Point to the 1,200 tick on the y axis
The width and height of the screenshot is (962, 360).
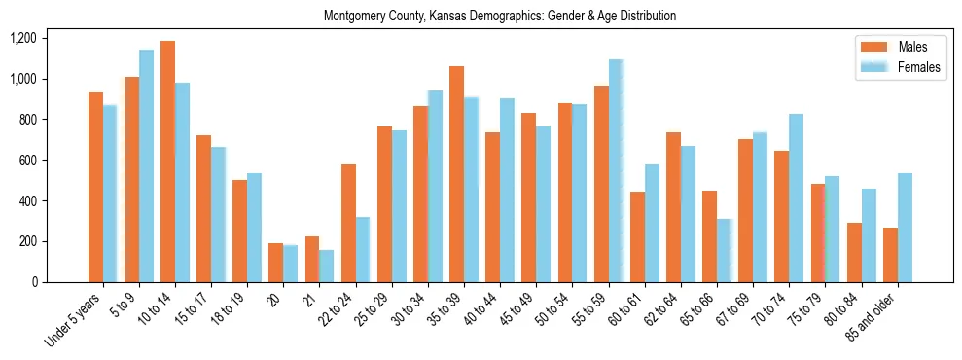[22, 38]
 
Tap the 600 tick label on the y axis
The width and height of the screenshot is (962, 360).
[26, 161]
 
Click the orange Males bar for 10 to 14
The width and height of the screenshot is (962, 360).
[167, 162]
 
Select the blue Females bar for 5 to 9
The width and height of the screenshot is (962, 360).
[146, 165]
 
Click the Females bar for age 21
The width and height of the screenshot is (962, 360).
[327, 266]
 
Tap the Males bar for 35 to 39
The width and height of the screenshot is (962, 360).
[456, 174]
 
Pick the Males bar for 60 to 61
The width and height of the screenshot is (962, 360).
[637, 236]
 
